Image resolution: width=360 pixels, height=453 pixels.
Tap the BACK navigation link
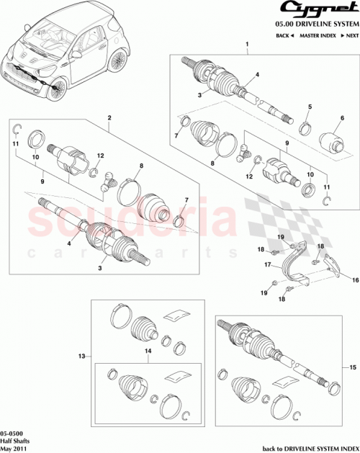point(284,35)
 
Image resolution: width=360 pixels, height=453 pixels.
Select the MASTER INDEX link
point(318,35)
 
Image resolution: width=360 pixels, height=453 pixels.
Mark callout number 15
point(352,367)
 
